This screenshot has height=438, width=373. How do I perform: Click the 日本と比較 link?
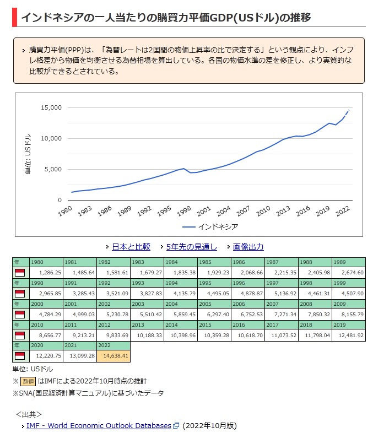pyautogui.click(x=131, y=247)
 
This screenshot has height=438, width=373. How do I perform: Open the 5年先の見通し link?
pyautogui.click(x=191, y=247)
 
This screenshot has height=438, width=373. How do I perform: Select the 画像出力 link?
pyautogui.click(x=248, y=247)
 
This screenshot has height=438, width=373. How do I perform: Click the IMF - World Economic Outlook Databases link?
pyautogui.click(x=99, y=425)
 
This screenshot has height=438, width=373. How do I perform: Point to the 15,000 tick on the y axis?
pyautogui.click(x=52, y=107)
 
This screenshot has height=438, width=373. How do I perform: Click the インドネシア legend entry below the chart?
pyautogui.click(x=218, y=226)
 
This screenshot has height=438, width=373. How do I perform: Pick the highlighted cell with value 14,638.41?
pyautogui.click(x=113, y=356)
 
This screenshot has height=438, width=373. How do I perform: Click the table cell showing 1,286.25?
pyautogui.click(x=46, y=272)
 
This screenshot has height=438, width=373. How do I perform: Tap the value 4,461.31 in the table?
pyautogui.click(x=315, y=293)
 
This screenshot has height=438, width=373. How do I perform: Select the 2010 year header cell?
pyautogui.click(x=46, y=325)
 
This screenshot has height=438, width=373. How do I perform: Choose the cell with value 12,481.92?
pyautogui.click(x=349, y=335)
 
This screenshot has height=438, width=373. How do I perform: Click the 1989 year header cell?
pyautogui.click(x=349, y=262)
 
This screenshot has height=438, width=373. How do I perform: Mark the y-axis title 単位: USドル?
pyautogui.click(x=28, y=154)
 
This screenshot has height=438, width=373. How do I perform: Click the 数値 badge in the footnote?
pyautogui.click(x=28, y=381)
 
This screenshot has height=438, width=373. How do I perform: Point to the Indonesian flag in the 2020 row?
pyautogui.click(x=19, y=356)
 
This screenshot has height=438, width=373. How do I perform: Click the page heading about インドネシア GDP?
pyautogui.click(x=165, y=18)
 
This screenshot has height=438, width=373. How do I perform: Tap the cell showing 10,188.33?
pyautogui.click(x=147, y=335)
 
